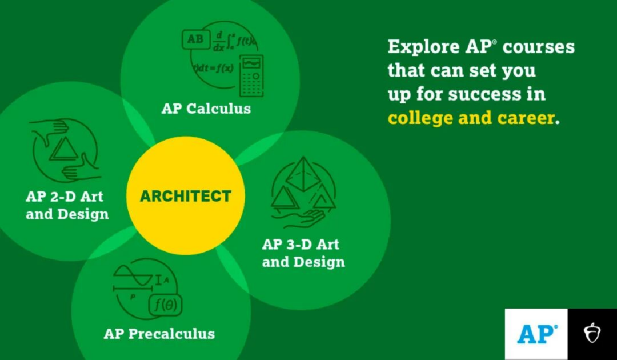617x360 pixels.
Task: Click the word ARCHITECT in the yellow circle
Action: (x=185, y=196)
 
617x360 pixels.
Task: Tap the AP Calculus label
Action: (x=206, y=109)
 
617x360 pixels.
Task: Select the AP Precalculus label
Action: (x=159, y=334)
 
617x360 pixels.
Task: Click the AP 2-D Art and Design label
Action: (x=67, y=205)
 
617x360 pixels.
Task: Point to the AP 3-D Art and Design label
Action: (x=303, y=253)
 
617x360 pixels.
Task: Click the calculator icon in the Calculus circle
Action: (x=251, y=76)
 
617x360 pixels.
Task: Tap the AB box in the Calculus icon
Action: (x=195, y=39)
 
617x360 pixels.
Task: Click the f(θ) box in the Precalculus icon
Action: (x=165, y=305)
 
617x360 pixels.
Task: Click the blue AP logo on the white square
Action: (x=537, y=334)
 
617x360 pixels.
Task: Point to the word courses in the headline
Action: (x=538, y=47)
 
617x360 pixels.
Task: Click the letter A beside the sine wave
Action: (x=166, y=280)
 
